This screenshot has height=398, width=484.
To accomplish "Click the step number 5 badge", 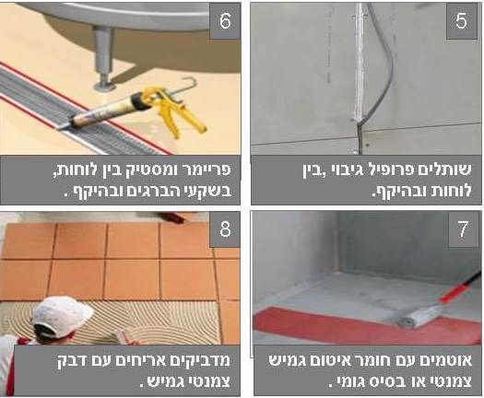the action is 462,21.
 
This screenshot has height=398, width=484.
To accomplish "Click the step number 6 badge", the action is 225,21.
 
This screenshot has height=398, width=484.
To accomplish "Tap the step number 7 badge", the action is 464,228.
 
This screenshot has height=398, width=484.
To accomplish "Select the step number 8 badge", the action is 225,229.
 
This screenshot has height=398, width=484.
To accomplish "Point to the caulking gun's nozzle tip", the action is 62,127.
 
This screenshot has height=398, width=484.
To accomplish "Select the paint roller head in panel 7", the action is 420,315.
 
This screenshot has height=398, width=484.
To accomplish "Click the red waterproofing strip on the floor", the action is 355,325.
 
